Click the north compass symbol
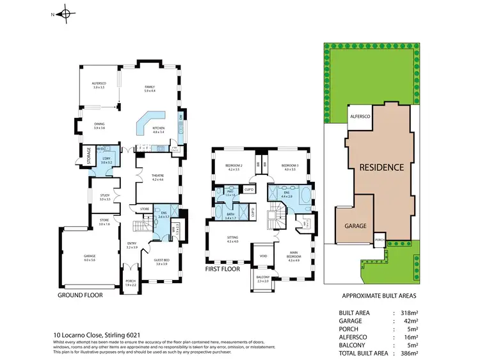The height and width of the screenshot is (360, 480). click(x=65, y=13)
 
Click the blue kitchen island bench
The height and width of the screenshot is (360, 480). click(x=149, y=122)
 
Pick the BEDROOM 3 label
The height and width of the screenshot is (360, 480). click(x=289, y=167)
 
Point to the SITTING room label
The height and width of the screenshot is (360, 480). click(x=232, y=239)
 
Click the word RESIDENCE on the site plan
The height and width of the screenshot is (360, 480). click(x=381, y=167)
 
